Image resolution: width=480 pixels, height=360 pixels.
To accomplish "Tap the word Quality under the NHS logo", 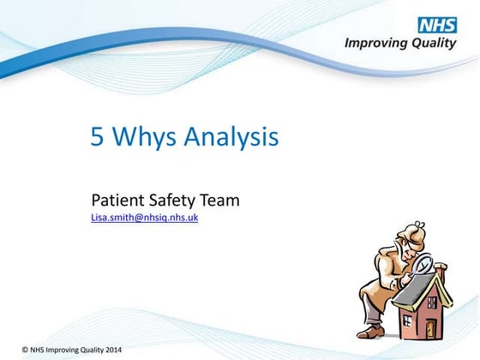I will (431, 43).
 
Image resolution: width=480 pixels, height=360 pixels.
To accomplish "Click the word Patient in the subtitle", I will (116, 201).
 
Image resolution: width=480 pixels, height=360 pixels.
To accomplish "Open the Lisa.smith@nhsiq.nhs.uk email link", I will (145, 219).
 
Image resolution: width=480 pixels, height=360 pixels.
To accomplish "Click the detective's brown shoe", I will (370, 331).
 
